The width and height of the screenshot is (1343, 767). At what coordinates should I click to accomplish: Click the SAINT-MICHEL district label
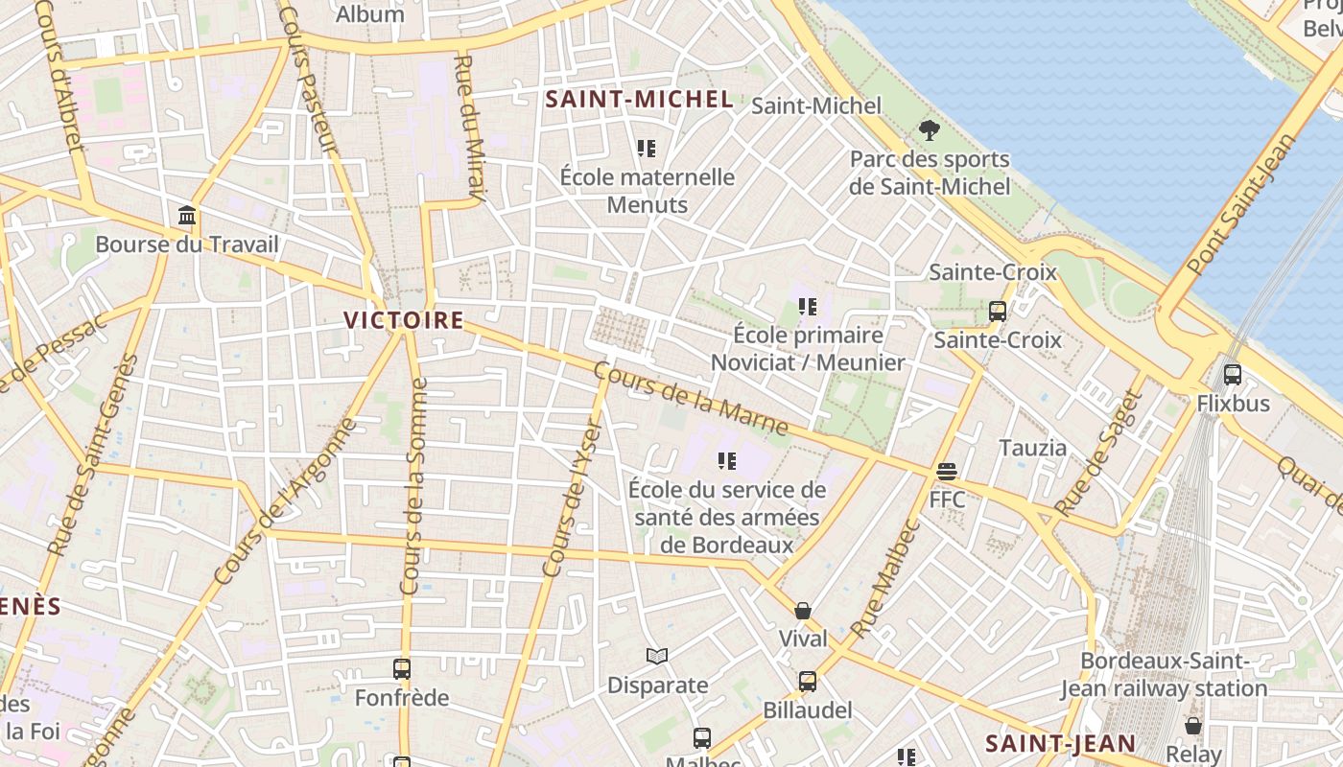click(640, 99)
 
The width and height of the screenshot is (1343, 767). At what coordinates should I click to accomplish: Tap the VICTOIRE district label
click(404, 320)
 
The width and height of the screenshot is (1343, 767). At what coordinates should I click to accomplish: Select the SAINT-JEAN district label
click(1060, 743)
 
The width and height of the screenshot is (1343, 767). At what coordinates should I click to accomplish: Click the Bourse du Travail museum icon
click(187, 216)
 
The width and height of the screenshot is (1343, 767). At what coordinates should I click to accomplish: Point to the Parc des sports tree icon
click(929, 130)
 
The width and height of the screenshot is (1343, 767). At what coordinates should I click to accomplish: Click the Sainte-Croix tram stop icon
click(998, 312)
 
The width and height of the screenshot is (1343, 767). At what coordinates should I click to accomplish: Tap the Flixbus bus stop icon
click(1233, 375)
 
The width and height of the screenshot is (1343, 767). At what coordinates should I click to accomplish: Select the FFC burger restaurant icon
click(947, 472)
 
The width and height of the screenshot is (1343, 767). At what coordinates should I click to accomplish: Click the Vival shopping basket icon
click(803, 611)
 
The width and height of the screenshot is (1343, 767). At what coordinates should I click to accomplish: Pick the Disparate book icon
click(657, 657)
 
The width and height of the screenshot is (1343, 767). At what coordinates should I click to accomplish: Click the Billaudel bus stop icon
click(808, 682)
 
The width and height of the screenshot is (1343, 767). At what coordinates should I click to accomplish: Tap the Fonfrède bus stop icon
click(402, 669)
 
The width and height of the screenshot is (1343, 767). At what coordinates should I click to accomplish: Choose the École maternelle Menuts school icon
click(647, 149)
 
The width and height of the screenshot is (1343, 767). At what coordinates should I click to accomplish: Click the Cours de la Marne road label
click(691, 398)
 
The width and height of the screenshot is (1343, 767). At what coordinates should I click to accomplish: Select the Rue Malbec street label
click(885, 579)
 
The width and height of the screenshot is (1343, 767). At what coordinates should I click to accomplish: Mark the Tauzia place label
click(1033, 448)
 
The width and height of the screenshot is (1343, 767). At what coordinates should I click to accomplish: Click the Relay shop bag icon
click(1193, 726)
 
